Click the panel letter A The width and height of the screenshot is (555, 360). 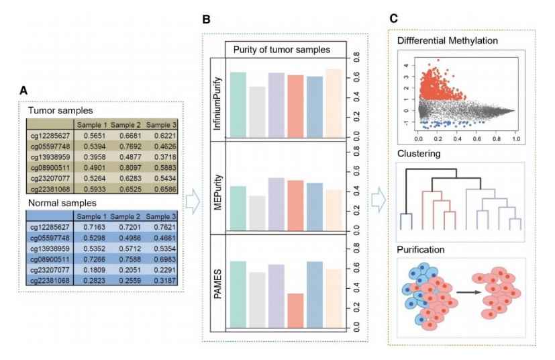(x=23, y=90)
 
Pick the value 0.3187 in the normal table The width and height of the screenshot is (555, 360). (x=161, y=281)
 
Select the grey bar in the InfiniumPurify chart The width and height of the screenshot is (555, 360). (x=257, y=111)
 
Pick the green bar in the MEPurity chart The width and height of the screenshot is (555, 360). (x=238, y=207)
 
